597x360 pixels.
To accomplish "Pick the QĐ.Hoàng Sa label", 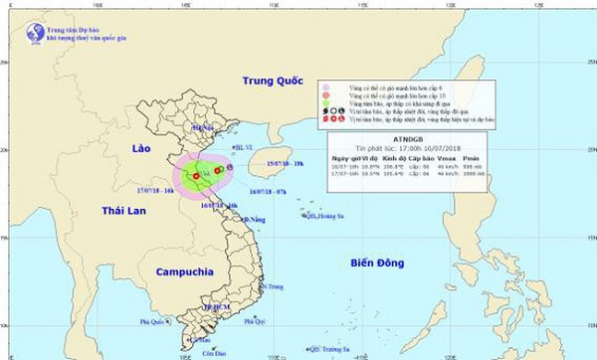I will (x=323, y=213).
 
